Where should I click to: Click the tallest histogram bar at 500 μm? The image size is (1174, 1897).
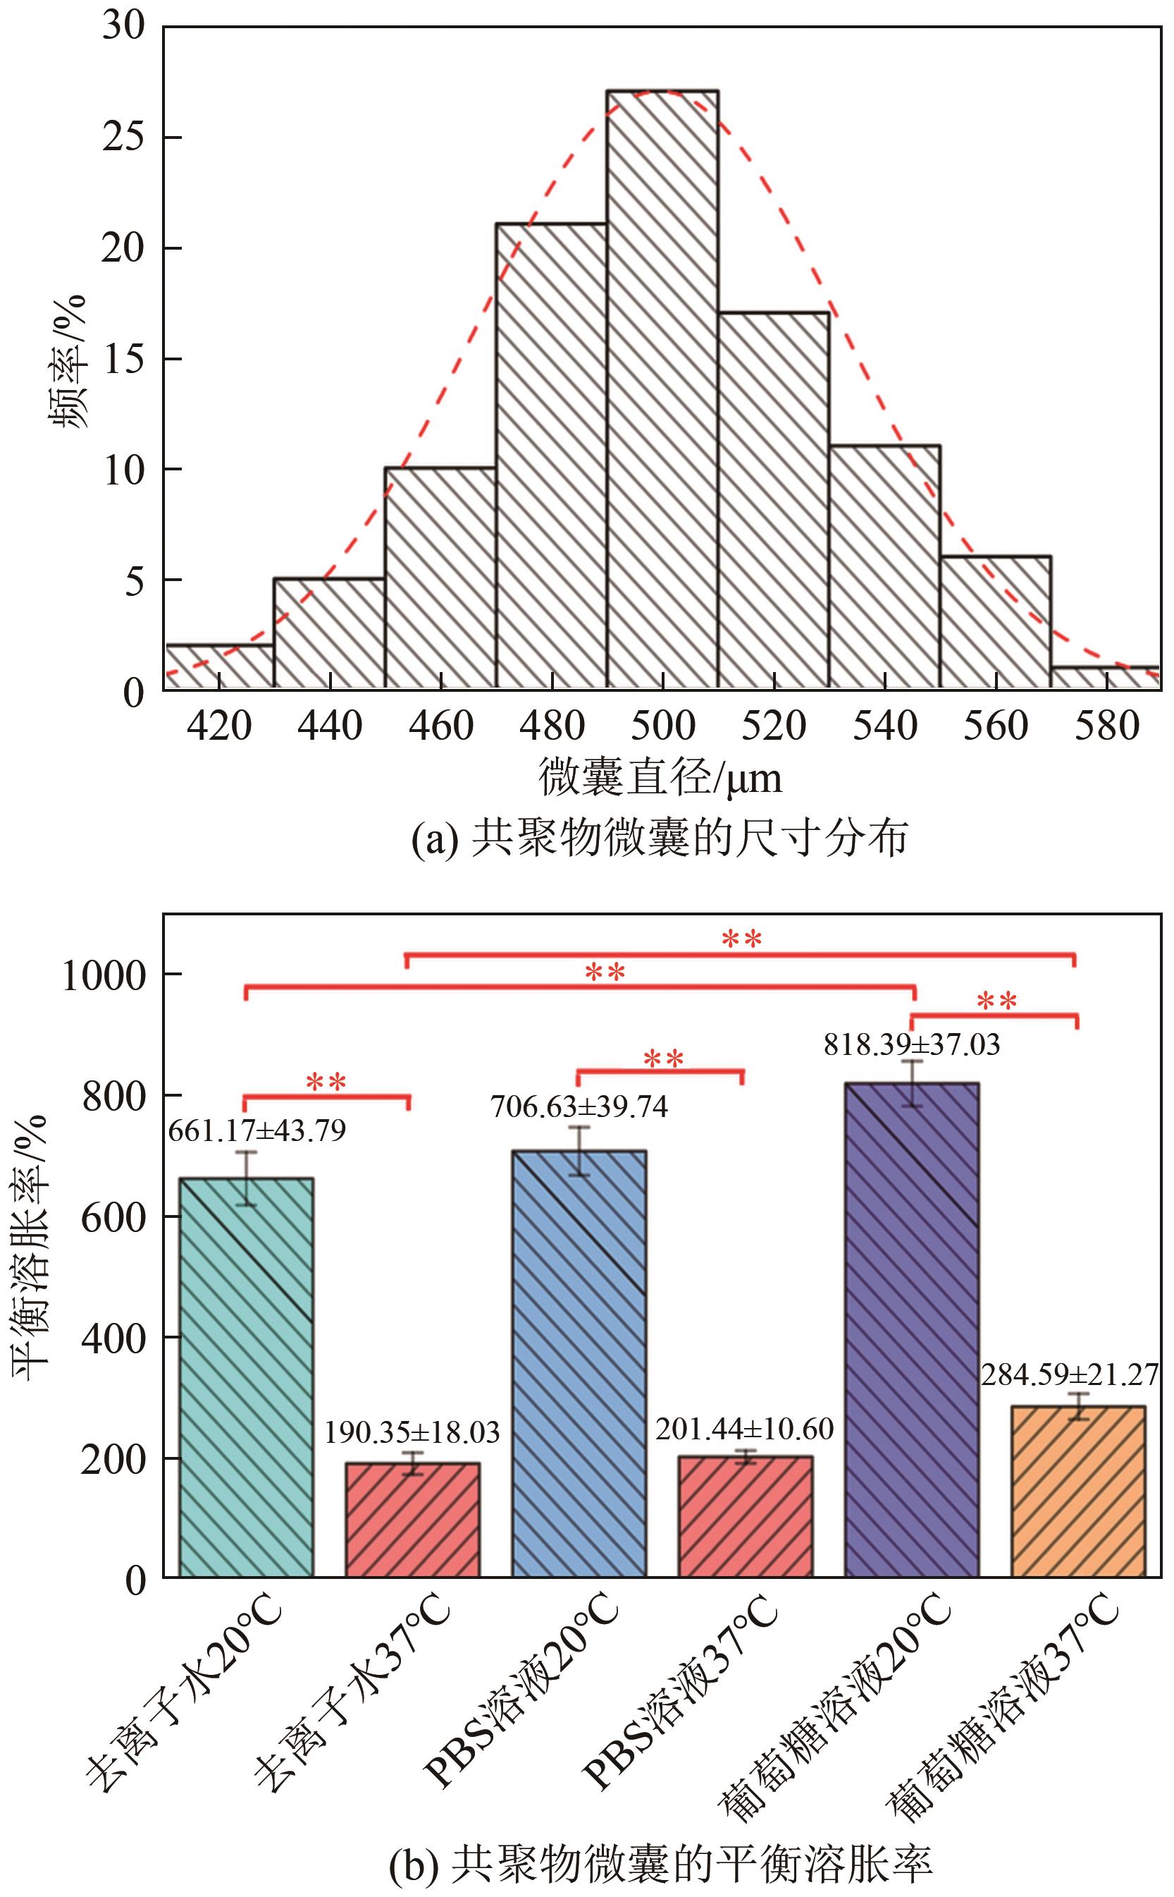(x=662, y=389)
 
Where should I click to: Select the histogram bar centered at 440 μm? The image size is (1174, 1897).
(x=329, y=633)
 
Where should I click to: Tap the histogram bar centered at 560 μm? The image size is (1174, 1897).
(x=996, y=622)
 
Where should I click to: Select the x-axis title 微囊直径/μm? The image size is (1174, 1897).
(x=660, y=778)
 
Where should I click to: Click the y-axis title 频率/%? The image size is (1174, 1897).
(x=68, y=359)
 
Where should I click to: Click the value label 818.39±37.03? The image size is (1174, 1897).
(x=912, y=1045)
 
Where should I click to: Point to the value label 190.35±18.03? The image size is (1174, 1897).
(x=412, y=1432)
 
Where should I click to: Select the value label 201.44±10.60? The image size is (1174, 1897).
(x=744, y=1428)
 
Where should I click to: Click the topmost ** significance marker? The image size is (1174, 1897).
(x=741, y=939)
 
